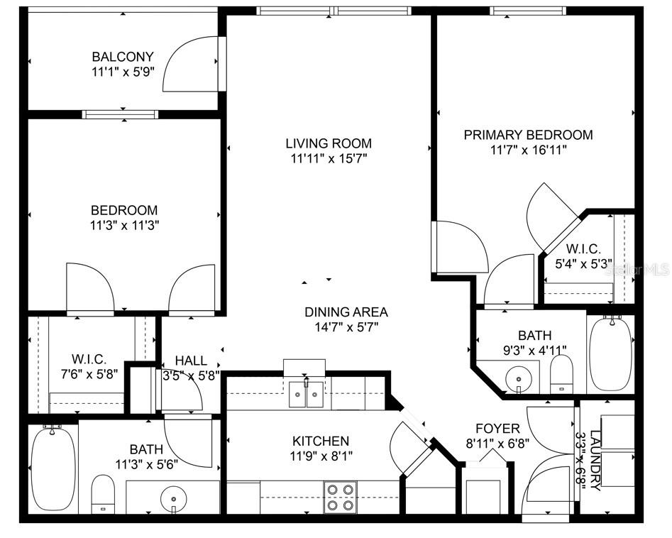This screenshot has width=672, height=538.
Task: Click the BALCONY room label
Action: coord(123,57)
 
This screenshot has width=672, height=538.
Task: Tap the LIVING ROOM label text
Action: coord(329,143)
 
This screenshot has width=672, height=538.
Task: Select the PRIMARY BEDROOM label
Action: coord(529,135)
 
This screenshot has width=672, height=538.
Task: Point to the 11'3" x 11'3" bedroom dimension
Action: coord(124,226)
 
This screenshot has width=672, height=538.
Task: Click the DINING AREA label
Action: coord(346,312)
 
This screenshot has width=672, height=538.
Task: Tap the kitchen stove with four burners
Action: coord(341,497)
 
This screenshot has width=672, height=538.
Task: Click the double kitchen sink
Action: coord(306,394)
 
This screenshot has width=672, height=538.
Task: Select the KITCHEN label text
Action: coord(321,441)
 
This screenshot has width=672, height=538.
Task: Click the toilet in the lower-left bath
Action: coord(104,493)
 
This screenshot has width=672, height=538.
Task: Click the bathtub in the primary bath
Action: coord(611,353)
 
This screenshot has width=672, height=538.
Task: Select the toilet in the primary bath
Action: coord(561,374)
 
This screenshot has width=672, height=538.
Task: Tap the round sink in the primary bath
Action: coord(519,379)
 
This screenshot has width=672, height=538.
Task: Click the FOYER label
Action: coord(497,428)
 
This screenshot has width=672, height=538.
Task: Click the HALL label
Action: coord(191,361)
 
